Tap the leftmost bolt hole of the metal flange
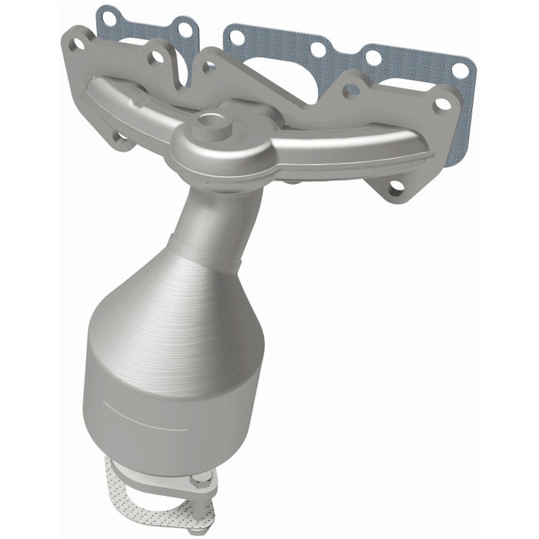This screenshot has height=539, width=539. pos(77,45)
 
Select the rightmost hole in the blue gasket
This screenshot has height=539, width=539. pos(460,70)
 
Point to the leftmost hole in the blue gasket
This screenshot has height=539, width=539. pos(109,16)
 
